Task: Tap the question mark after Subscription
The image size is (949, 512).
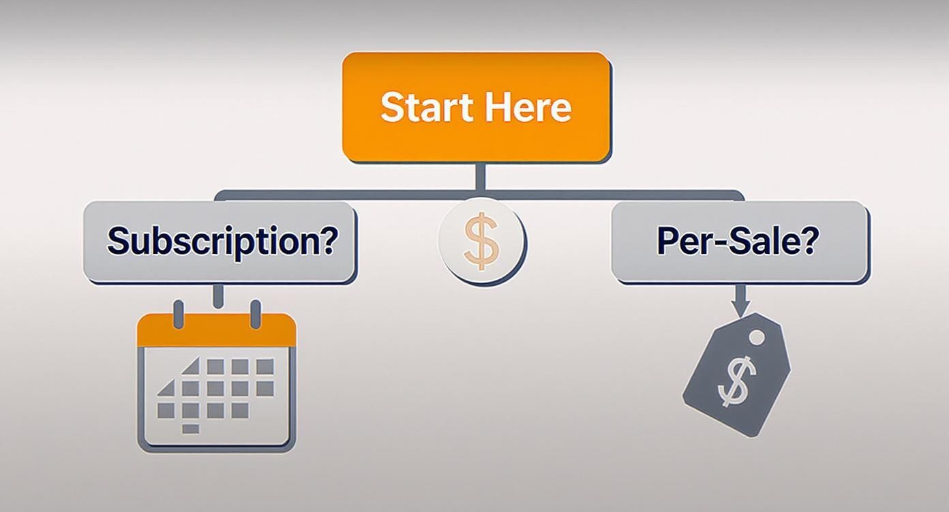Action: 327,240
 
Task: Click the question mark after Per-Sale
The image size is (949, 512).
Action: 808,240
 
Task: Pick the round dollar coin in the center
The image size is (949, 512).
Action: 482,240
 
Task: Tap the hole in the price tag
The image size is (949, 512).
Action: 757,338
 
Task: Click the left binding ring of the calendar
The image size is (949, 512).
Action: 179,313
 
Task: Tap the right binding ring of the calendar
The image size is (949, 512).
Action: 256,313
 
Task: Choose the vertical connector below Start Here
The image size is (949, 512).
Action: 481,177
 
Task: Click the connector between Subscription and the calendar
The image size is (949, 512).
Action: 218,296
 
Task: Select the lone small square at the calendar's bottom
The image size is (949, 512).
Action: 192,429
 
